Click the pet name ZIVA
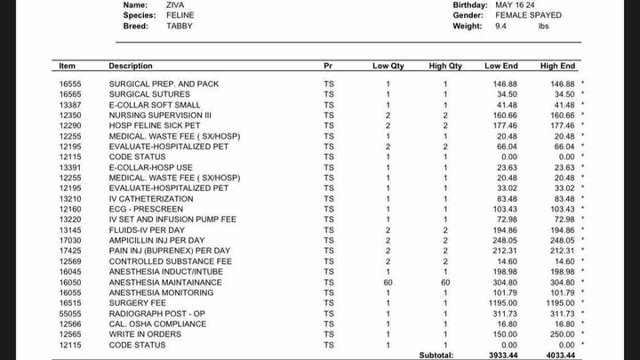pyautogui.click(x=176, y=4)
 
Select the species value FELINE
pyautogui.click(x=180, y=15)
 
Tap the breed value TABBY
pyautogui.click(x=180, y=27)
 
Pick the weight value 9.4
pyautogui.click(x=501, y=27)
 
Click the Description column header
pyautogui.click(x=130, y=66)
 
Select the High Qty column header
pyautogui.click(x=445, y=66)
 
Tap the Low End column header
pyautogui.click(x=500, y=66)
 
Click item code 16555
pyautogui.click(x=70, y=84)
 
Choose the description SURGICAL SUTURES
pyautogui.click(x=145, y=94)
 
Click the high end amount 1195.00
pyautogui.click(x=558, y=303)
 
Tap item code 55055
pyautogui.click(x=70, y=314)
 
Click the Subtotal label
pyautogui.click(x=436, y=356)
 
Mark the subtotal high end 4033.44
pyautogui.click(x=557, y=356)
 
